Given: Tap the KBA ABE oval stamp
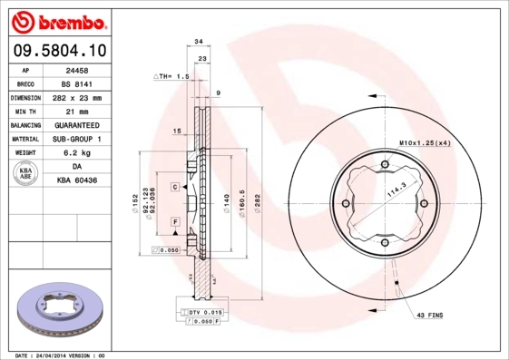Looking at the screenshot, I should [25, 175].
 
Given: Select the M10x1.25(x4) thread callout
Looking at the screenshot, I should [425, 143].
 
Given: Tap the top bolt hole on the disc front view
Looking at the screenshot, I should [385, 164].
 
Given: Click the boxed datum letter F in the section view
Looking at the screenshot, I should [173, 221].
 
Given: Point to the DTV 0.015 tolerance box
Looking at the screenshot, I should [203, 312].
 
